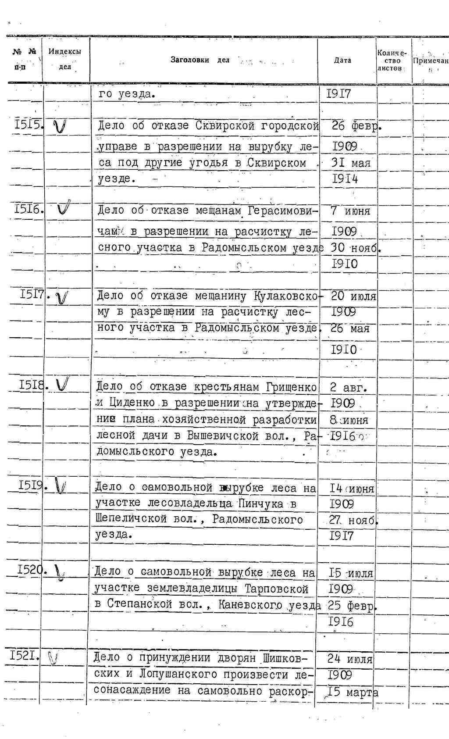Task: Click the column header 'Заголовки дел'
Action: pos(200,60)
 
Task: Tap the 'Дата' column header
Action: pos(342,61)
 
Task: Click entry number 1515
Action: pos(28,125)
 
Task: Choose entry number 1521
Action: pos(25,656)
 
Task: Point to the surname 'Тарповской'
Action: pos(277,589)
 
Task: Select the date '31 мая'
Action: pos(350,163)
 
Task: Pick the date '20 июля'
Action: pos(353,296)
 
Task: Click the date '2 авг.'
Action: pos(348,387)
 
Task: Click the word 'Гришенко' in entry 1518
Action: pos(291,387)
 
